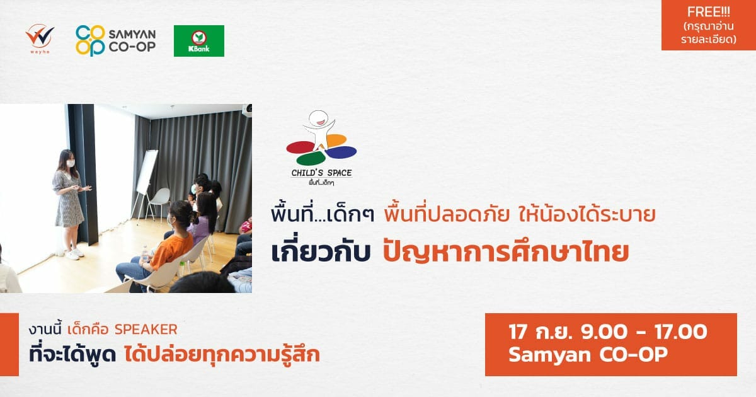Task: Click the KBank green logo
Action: tap(199, 41)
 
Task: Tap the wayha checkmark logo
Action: tap(40, 37)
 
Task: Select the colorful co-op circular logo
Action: tap(91, 40)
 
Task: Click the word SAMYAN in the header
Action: tap(132, 34)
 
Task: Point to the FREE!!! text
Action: tap(708, 12)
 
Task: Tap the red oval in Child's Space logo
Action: tap(301, 147)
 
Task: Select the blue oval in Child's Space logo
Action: tap(341, 152)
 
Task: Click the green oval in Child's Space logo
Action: tap(311, 158)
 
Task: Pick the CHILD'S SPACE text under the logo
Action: tap(322, 173)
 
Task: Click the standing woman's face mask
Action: tap(70, 163)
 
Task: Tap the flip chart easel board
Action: tap(147, 172)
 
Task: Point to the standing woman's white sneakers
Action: tap(74, 254)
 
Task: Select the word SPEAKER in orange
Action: tap(146, 330)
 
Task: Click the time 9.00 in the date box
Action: tap(604, 331)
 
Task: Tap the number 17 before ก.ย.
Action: tap(518, 331)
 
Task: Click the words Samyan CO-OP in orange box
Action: tap(588, 355)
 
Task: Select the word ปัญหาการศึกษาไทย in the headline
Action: tap(505, 252)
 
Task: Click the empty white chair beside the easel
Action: tap(159, 202)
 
